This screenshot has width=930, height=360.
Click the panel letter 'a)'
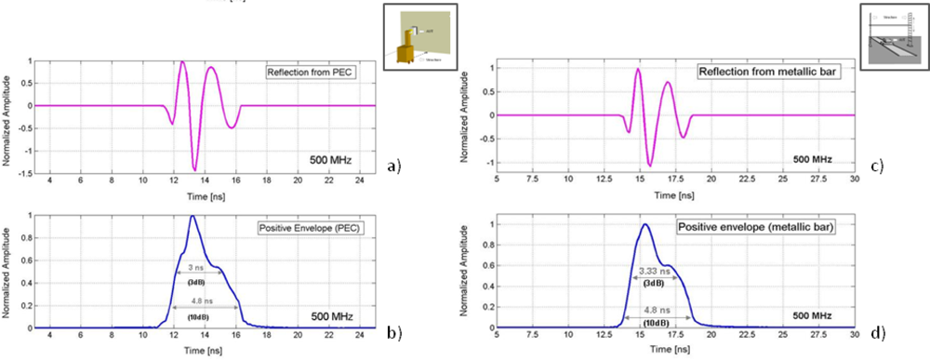393,167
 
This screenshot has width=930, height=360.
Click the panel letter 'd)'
877,326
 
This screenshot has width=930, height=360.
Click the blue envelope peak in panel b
192,216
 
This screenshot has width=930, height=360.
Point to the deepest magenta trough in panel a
194,169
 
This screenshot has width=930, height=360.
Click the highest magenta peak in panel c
638,70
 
